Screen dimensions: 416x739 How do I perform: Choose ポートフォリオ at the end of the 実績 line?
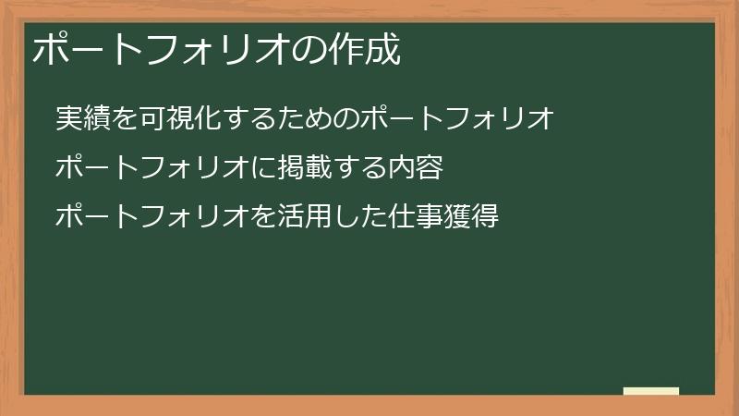point(454,118)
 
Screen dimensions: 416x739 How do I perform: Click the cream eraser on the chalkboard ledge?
point(651,391)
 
